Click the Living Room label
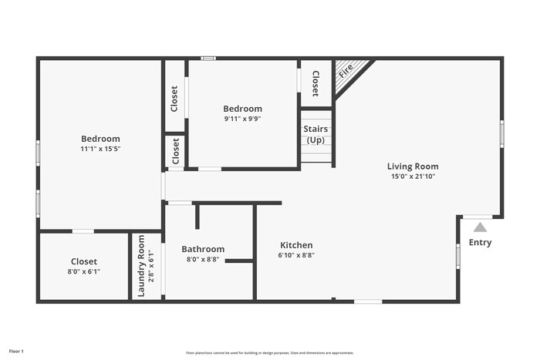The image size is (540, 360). pyautogui.click(x=413, y=167)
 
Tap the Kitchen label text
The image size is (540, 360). pyautogui.click(x=296, y=245)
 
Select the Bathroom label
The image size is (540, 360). pyautogui.click(x=203, y=249)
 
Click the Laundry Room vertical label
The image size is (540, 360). pyautogui.click(x=141, y=266)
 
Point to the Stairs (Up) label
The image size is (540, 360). pyautogui.click(x=316, y=134)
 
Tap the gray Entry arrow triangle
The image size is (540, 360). pyautogui.click(x=480, y=227)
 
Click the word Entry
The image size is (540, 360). pyautogui.click(x=480, y=242)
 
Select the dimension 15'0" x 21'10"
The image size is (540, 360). pyautogui.click(x=413, y=177)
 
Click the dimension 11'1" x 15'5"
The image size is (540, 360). pyautogui.click(x=101, y=148)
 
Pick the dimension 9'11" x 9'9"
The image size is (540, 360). pyautogui.click(x=243, y=119)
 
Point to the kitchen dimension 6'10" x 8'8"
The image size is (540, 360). pyautogui.click(x=296, y=255)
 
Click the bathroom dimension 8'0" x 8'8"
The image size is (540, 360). pyautogui.click(x=203, y=260)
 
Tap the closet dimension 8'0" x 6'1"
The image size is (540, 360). pyautogui.click(x=84, y=271)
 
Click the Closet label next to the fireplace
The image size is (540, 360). pyautogui.click(x=316, y=83)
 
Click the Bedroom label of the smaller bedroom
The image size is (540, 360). pyautogui.click(x=243, y=109)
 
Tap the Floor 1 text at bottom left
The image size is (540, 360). pyautogui.click(x=17, y=352)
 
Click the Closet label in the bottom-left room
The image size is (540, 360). pyautogui.click(x=84, y=261)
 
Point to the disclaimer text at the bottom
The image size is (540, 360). pyautogui.click(x=268, y=352)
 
